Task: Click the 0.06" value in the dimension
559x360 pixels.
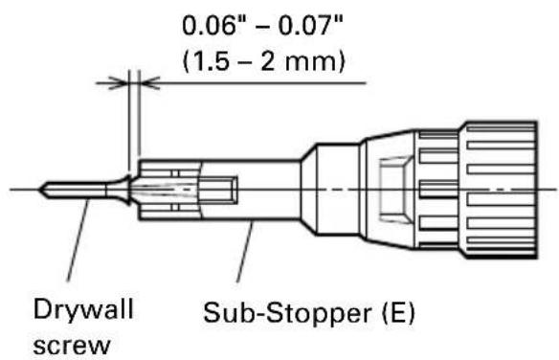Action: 213,26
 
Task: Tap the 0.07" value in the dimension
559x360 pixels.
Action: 310,26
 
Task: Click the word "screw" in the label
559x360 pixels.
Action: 72,345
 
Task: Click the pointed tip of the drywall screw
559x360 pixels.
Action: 39,190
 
